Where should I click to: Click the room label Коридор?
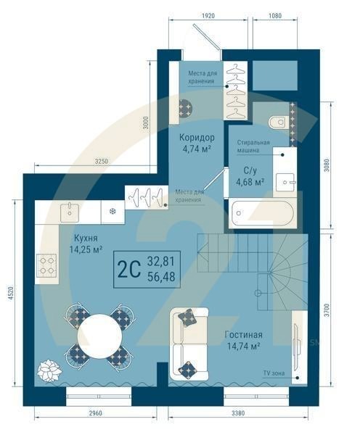[196, 137]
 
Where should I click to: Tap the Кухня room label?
[86, 237]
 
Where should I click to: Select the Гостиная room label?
[238, 335]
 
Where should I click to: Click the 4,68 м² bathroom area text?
[249, 182]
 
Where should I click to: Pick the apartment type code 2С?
[128, 269]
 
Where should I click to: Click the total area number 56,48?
[161, 275]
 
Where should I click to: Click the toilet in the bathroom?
[277, 121]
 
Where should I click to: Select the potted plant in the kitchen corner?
[50, 372]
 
